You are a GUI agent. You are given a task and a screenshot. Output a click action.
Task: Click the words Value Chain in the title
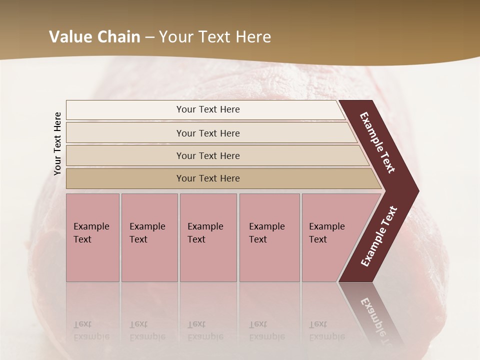point(94,37)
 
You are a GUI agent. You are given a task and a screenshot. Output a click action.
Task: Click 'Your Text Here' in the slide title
point(215,37)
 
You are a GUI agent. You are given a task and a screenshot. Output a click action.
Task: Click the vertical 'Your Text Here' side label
point(57,143)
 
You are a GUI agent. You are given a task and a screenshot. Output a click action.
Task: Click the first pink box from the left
point(92,237)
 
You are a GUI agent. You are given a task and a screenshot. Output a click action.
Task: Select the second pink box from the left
point(149,237)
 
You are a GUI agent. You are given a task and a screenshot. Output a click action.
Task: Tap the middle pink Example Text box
point(208,237)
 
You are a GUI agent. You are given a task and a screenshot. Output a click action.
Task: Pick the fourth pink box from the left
point(269,237)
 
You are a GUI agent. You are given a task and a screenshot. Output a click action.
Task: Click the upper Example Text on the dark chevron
point(377,143)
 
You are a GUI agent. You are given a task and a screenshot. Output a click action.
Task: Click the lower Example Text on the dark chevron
point(379,236)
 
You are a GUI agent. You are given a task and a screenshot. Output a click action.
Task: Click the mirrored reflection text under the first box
point(91,330)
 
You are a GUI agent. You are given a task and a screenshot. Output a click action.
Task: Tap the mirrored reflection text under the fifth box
point(326,330)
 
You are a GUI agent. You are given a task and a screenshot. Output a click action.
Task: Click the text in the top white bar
point(208,109)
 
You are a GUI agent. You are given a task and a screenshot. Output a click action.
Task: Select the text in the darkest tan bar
point(208,178)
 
